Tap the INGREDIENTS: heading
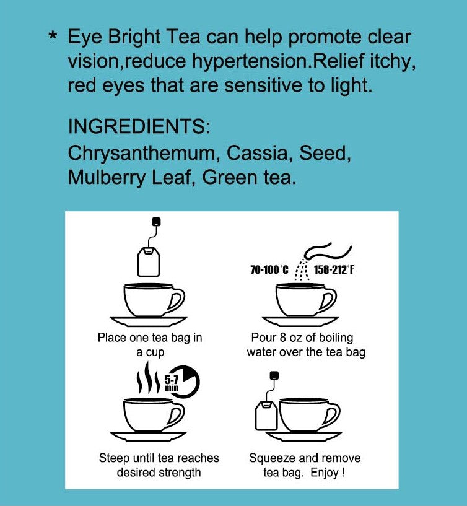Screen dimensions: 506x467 139,128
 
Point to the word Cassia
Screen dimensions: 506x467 255,152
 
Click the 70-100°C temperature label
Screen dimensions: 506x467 270,270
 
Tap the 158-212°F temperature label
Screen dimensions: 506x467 334,270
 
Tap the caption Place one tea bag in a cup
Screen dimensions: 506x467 149,345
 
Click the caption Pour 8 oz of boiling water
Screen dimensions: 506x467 305,345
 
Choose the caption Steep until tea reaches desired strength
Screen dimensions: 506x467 159,465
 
